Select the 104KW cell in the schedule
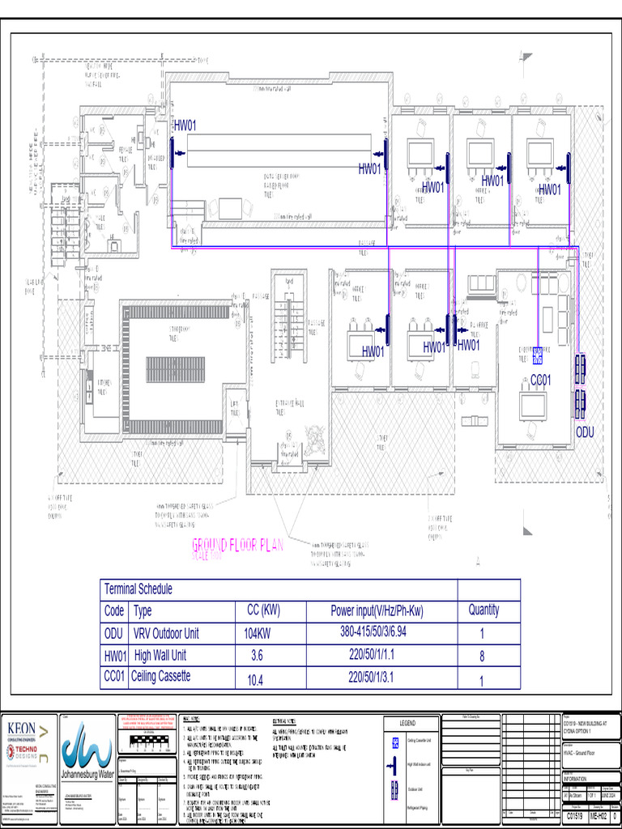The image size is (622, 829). (x=257, y=633)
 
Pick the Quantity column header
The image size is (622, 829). (x=483, y=610)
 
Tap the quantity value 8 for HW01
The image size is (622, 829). (x=482, y=656)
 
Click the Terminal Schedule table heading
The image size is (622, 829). (x=138, y=589)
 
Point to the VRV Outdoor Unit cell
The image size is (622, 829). (x=165, y=633)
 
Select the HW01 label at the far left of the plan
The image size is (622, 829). (x=185, y=125)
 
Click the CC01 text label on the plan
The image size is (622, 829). (x=540, y=380)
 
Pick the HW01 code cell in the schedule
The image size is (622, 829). (x=115, y=656)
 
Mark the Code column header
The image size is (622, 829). (x=114, y=611)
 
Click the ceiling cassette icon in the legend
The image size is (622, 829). (x=395, y=742)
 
